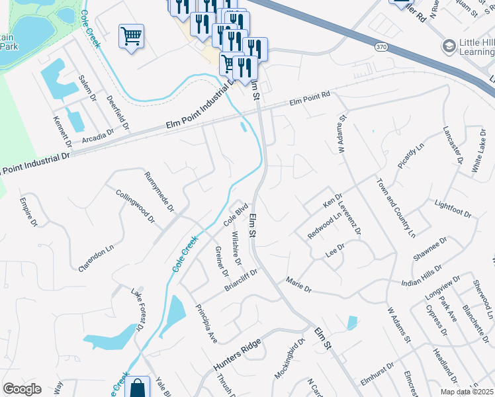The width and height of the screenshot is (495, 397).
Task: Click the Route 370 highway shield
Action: pos(380,47)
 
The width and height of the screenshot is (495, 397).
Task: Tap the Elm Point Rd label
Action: pos(310,100)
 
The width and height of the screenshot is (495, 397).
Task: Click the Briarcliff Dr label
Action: pos(240,279)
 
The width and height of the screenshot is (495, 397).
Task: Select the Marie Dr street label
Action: pos(298,285)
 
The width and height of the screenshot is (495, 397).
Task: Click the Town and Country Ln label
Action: pos(396,208)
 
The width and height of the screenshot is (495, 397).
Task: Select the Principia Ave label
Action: pos(206,324)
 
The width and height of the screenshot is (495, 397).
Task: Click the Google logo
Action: pos(22,389)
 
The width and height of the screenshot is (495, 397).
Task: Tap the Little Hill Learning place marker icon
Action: pos(449,46)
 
